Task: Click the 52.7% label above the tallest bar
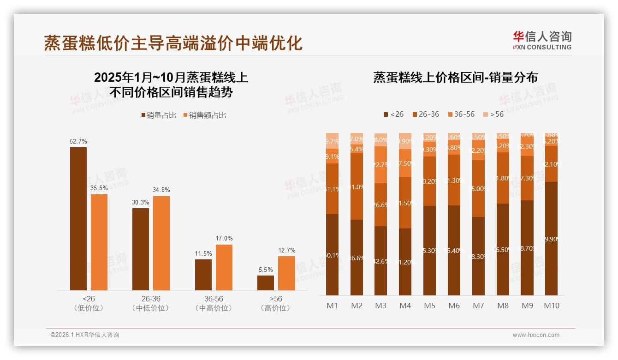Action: [x=78, y=141]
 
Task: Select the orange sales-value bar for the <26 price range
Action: [x=99, y=242]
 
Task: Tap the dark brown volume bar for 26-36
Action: [x=141, y=249]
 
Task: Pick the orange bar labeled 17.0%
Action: [x=224, y=267]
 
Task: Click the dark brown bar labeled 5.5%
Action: [x=266, y=283]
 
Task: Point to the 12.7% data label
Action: [x=286, y=250]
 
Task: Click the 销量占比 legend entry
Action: [x=159, y=115]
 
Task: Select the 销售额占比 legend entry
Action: [x=205, y=115]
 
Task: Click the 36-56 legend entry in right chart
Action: [x=461, y=114]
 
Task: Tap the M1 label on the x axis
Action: [x=332, y=306]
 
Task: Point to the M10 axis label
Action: [x=551, y=306]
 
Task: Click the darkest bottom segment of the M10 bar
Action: [x=551, y=239]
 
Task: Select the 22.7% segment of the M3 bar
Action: [x=380, y=165]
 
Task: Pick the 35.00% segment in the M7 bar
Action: [x=478, y=188]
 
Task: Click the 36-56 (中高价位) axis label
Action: [x=214, y=303]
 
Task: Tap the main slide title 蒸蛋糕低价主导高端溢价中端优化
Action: [x=173, y=42]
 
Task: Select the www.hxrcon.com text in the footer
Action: [x=536, y=335]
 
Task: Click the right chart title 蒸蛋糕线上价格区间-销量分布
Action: [x=455, y=78]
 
